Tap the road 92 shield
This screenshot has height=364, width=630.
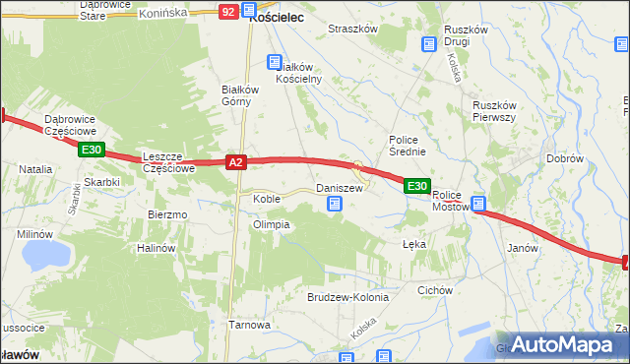(x=228, y=11)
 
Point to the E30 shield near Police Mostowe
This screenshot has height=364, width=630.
(x=416, y=186)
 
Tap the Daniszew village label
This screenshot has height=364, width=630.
(x=339, y=187)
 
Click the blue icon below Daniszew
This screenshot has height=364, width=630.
(x=335, y=204)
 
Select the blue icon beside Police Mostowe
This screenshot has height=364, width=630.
(x=479, y=205)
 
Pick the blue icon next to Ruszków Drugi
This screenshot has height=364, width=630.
(x=428, y=44)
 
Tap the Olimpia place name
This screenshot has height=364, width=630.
(x=271, y=224)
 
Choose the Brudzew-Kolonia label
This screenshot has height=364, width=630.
(x=348, y=296)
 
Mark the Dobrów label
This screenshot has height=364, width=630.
(x=565, y=158)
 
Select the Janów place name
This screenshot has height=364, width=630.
(x=522, y=248)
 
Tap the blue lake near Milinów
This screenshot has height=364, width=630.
(x=41, y=256)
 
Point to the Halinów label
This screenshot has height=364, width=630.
(x=156, y=248)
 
